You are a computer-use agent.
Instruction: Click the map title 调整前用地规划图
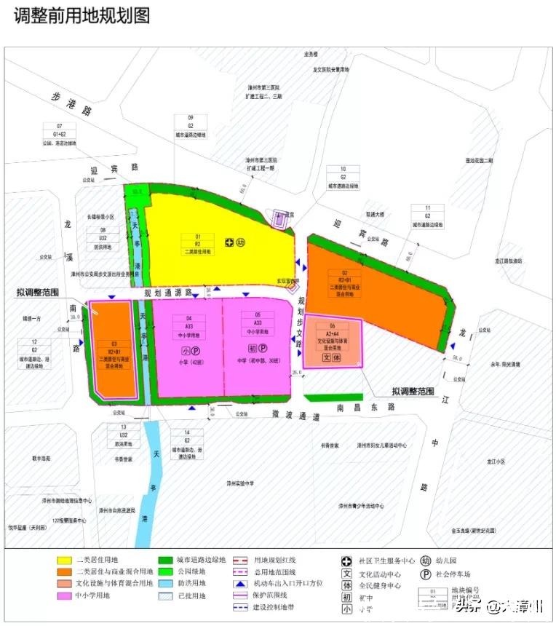(82, 16)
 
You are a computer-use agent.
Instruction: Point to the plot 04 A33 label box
(188, 327)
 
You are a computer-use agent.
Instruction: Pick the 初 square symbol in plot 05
(252, 349)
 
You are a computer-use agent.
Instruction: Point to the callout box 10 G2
(343, 177)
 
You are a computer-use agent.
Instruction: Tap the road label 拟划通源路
(167, 293)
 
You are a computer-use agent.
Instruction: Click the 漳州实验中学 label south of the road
(239, 483)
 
